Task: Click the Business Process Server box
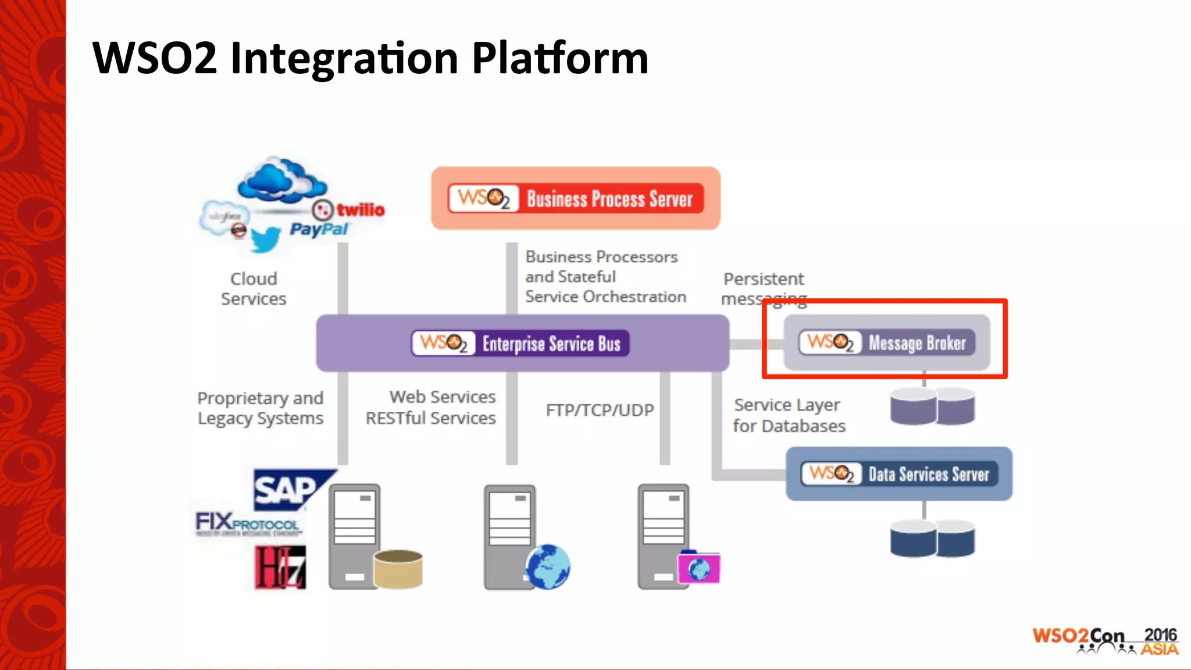[x=576, y=198]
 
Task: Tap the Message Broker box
[x=887, y=343]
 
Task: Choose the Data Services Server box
[x=899, y=473]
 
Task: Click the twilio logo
[x=350, y=209]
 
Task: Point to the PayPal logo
[x=319, y=229]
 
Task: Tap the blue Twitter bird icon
[x=265, y=238]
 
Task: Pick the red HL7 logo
[x=280, y=567]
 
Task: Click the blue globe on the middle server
[x=548, y=566]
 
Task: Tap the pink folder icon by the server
[x=699, y=568]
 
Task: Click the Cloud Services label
[x=254, y=288]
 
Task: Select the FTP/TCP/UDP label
[x=600, y=410]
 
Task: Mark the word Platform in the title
[x=559, y=58]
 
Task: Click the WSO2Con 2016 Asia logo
[x=1105, y=641]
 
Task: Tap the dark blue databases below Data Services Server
[x=932, y=539]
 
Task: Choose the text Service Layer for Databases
[x=789, y=415]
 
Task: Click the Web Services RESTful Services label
[x=431, y=407]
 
